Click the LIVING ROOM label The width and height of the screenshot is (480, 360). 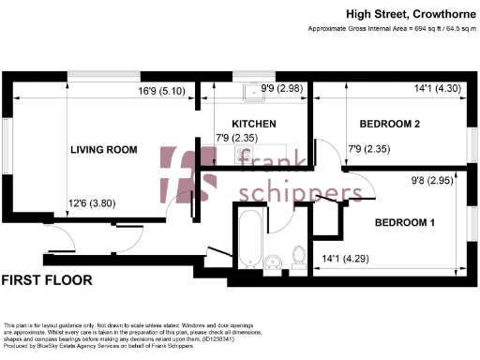pyautogui.click(x=104, y=150)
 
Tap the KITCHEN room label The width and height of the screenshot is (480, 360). pyautogui.click(x=253, y=124)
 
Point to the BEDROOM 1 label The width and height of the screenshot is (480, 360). pyautogui.click(x=405, y=223)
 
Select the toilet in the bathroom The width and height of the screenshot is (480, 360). pyautogui.click(x=298, y=254)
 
